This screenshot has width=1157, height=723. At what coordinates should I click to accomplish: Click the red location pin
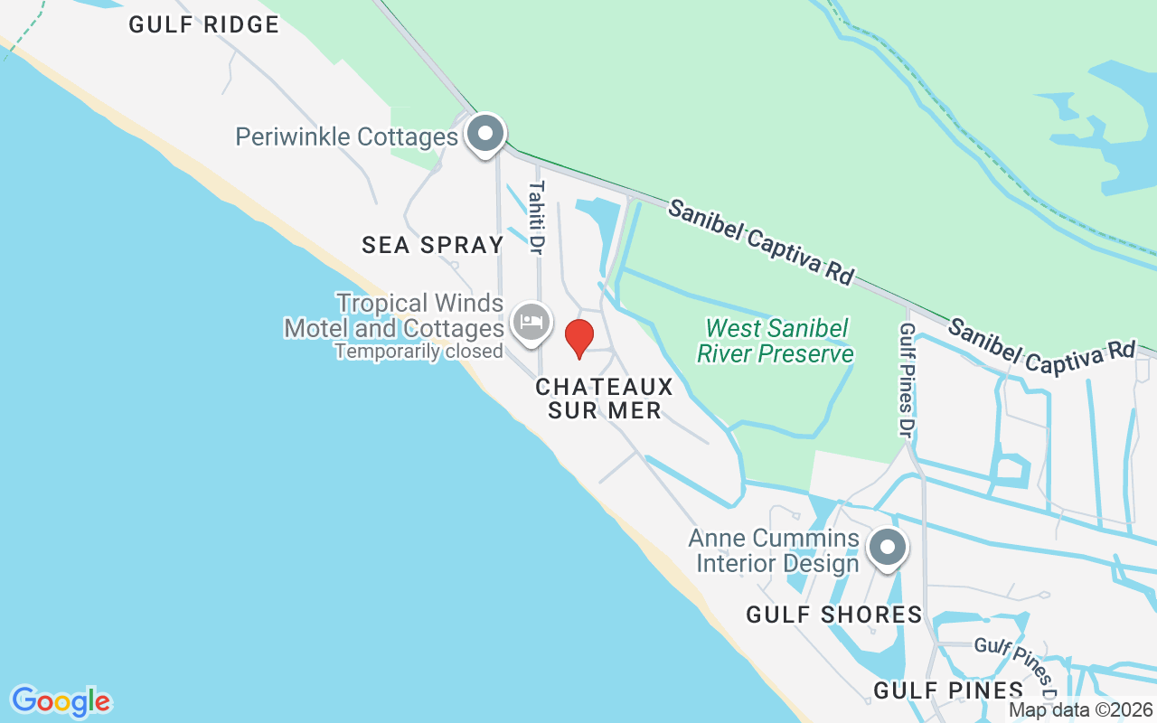point(578,338)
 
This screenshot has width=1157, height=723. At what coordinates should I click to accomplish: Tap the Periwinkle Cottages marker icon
point(485,134)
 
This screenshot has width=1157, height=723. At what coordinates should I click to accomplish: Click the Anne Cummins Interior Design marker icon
point(887,548)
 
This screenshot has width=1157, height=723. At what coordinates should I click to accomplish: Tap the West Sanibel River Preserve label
point(775,341)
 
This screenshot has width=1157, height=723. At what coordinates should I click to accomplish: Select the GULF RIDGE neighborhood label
point(203,24)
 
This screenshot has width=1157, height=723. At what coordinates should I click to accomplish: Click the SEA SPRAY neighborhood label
point(432,245)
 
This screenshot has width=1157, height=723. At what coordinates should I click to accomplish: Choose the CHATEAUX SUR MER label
point(604,399)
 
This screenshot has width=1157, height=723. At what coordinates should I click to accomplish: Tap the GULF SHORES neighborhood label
point(833,615)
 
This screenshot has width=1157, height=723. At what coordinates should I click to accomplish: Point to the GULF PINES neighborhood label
point(948,691)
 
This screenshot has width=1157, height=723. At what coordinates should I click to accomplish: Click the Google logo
point(61,701)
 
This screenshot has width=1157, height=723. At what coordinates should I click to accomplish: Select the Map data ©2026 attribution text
point(1081,710)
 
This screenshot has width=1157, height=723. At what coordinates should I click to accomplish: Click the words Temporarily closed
point(419,352)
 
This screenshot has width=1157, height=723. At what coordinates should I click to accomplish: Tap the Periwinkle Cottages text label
point(347,137)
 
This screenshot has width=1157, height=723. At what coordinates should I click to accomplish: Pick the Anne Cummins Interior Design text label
point(773,551)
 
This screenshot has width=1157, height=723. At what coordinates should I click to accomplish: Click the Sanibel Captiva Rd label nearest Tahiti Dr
point(760,241)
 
